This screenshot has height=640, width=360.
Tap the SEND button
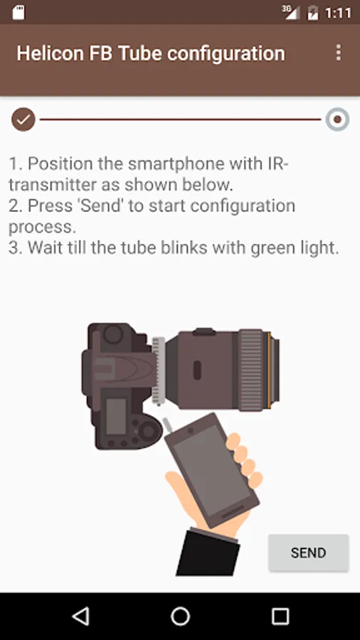click(x=308, y=553)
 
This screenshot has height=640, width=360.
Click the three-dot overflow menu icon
click(x=339, y=53)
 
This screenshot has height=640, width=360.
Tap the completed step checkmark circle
click(x=23, y=119)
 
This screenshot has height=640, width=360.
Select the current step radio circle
click(x=337, y=119)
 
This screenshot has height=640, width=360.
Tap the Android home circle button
click(x=180, y=617)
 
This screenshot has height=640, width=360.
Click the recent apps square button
click(x=280, y=617)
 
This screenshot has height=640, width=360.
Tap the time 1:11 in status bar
click(x=337, y=14)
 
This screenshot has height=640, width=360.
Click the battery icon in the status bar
click(x=312, y=13)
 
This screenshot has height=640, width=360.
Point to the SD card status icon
click(x=18, y=12)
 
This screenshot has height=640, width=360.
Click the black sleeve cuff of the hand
click(x=208, y=553)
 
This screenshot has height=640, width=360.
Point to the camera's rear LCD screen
click(x=116, y=416)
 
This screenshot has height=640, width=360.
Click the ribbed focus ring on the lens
click(x=251, y=369)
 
